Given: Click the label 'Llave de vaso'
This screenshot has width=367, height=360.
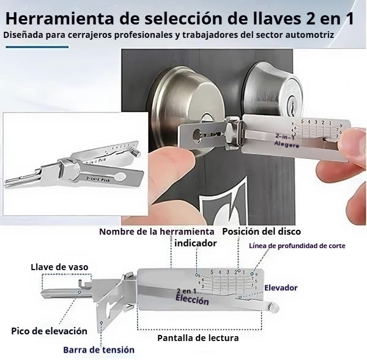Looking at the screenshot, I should point(60,266).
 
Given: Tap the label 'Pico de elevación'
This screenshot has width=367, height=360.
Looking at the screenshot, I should point(49,331).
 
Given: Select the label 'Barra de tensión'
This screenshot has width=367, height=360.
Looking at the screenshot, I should point(98,350).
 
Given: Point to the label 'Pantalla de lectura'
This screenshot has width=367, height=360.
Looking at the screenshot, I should point(198,337).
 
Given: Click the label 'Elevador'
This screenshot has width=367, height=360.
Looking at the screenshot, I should point(280,287).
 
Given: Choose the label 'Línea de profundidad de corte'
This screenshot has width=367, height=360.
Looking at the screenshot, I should point(297,246).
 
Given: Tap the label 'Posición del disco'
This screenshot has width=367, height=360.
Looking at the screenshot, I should point(261,232).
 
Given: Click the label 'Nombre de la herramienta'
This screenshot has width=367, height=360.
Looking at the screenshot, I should point(157,232).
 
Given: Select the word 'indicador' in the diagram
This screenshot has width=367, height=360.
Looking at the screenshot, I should point(195,243).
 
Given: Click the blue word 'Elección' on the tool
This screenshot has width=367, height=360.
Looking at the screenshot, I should point(192,300).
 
